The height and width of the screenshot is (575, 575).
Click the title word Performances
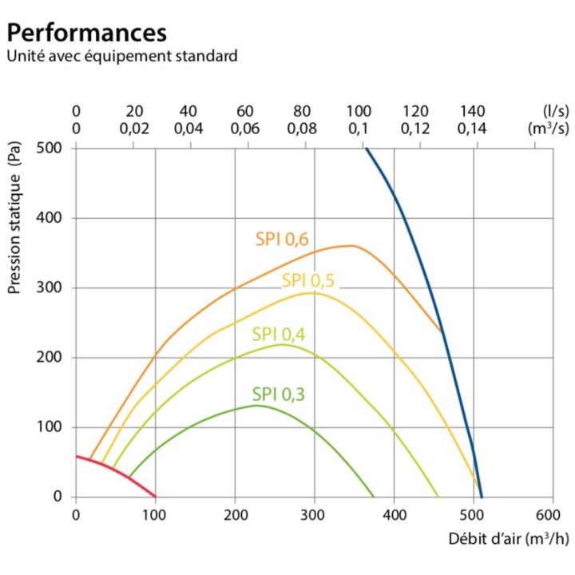(87, 33)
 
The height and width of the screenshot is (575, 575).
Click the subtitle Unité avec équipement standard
(122, 57)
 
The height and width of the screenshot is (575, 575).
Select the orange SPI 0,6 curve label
(282, 238)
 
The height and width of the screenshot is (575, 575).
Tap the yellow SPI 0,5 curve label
(308, 280)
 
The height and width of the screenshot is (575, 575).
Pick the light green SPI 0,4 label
(279, 334)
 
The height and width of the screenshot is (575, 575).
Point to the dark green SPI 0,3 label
(279, 393)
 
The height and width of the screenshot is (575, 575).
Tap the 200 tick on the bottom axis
(235, 514)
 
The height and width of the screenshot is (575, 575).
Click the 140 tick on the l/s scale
(473, 111)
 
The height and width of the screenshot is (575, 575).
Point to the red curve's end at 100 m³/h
(155, 496)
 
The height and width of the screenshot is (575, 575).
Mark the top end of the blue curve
(366, 149)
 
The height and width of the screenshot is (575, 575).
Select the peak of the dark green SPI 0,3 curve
(257, 406)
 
